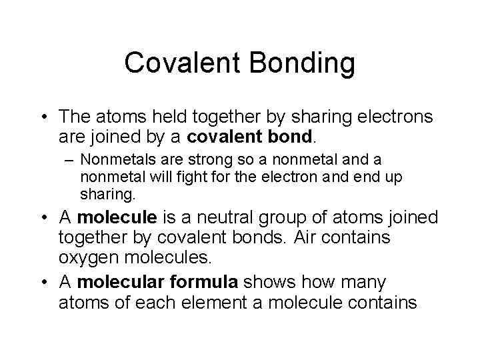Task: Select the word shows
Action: [275, 283]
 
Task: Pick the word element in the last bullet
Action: [193, 302]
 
